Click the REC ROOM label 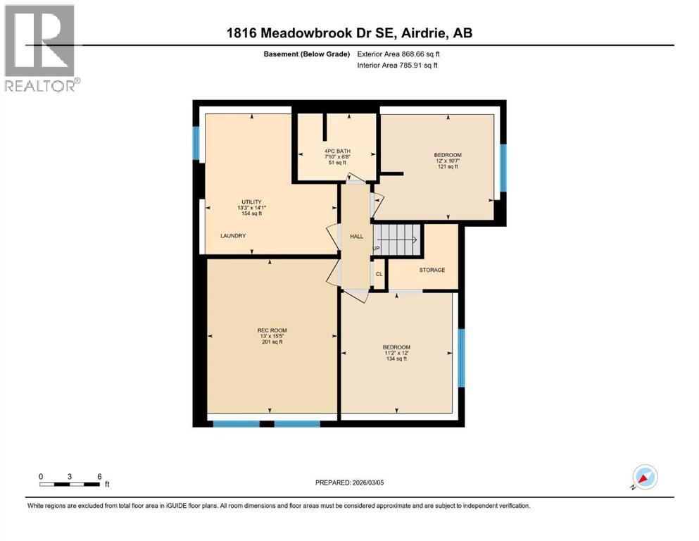pos(272,330)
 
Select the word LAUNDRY pos(232,236)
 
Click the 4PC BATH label pos(337,151)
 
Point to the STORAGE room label pos(432,270)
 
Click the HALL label pos(356,236)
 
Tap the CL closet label pos(379,274)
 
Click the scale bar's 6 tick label pos(99,475)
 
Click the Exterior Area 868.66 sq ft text pos(400,54)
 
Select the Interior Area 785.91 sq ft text pos(398,66)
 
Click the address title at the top pos(349,34)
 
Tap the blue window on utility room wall pos(196,143)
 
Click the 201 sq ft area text pos(272,343)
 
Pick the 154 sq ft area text pos(251,214)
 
